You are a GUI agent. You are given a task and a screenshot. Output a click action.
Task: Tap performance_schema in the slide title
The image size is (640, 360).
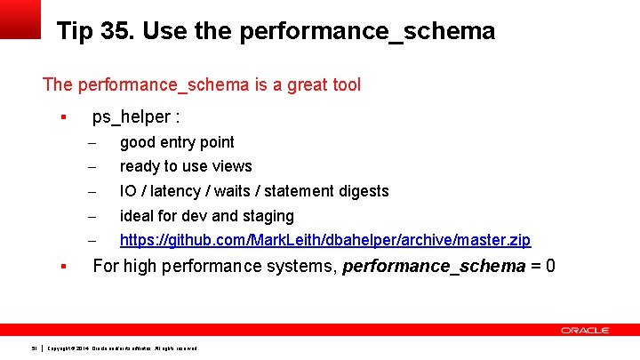373,32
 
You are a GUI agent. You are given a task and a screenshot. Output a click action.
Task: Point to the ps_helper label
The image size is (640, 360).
136,117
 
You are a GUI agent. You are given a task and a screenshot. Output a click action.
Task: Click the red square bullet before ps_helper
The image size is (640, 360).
63,117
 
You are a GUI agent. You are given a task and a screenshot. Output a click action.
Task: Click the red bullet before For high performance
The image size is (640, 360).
63,266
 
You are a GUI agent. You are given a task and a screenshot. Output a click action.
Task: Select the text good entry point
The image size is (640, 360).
177,142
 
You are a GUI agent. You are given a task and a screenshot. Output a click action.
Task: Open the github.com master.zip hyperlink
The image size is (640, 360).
324,240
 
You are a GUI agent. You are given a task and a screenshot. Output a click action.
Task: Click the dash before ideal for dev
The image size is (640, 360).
91,217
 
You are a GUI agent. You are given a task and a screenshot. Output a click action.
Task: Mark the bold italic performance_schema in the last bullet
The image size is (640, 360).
434,266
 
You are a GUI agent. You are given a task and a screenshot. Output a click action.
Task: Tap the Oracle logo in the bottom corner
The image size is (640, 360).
585,331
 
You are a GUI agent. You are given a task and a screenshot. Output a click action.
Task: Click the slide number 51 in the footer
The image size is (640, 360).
33,348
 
